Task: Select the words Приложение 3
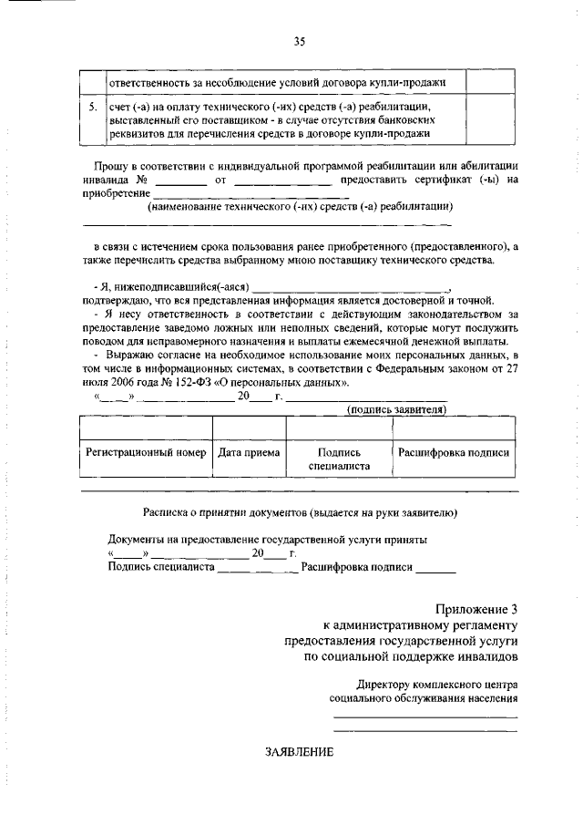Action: [476, 609]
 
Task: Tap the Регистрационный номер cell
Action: [145, 452]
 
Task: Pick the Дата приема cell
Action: [249, 452]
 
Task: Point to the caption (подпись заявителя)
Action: [397, 410]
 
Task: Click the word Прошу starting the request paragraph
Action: [110, 166]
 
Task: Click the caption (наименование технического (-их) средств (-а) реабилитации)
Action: [300, 206]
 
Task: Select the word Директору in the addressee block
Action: [385, 683]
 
